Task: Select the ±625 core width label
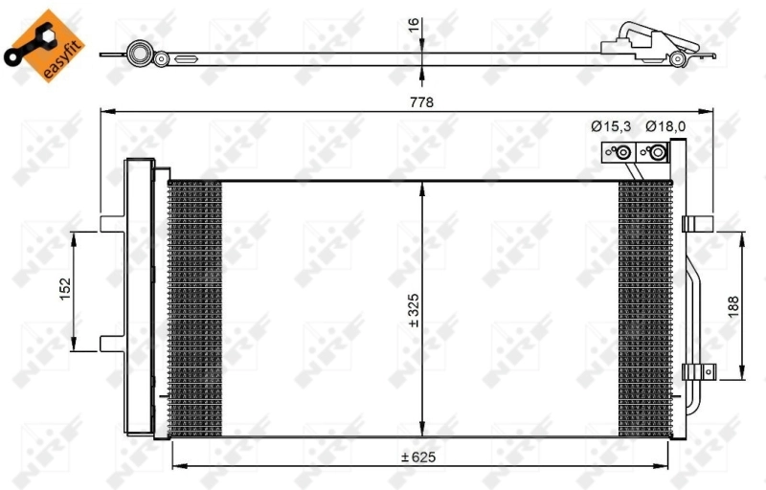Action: click(419, 455)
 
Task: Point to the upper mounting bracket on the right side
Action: click(698, 223)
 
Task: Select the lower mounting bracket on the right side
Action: click(698, 372)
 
